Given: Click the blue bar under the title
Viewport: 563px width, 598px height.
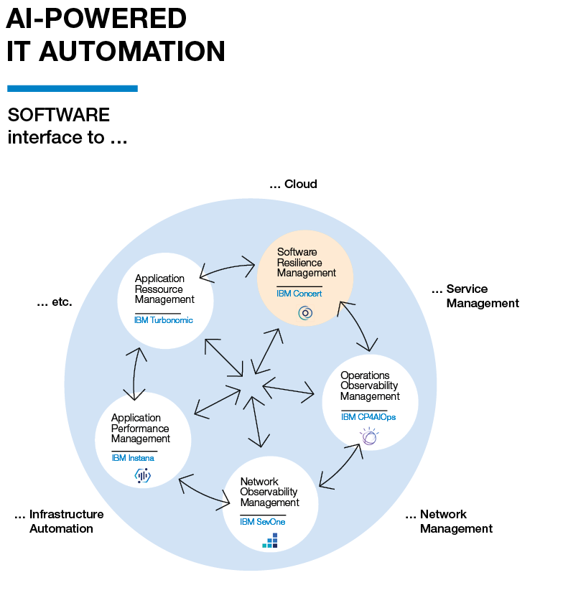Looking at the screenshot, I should (72, 88).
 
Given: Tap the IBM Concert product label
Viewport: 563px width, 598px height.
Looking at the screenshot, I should (299, 294).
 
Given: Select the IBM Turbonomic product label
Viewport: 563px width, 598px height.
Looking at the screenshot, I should (164, 320).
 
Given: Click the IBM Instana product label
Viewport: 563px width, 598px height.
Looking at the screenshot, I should (133, 458).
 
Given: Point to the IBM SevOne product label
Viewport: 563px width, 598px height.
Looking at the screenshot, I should (263, 522).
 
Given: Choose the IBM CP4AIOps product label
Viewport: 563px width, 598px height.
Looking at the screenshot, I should (368, 417).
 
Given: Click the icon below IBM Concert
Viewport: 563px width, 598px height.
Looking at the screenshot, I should (305, 313).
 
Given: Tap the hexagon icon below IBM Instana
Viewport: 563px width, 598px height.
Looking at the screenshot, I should (143, 475).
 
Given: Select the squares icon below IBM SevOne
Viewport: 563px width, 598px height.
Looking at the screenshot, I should (270, 541).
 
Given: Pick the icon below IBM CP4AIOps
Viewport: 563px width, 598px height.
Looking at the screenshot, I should (369, 436).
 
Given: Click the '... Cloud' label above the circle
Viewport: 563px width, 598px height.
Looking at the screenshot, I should (293, 184).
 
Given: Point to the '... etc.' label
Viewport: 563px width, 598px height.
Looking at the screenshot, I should (55, 302).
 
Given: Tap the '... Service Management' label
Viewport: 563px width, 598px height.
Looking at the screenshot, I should (475, 296).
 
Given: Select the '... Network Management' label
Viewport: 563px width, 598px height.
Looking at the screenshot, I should (449, 521).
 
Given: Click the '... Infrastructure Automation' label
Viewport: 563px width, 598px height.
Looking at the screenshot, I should (59, 521).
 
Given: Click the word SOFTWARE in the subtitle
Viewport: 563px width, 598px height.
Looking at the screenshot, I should (59, 115).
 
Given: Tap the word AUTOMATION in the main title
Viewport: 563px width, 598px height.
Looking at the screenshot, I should (132, 52).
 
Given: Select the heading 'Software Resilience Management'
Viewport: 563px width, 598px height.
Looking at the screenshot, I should (307, 262).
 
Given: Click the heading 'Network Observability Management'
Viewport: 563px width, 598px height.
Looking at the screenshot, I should (269, 492).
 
